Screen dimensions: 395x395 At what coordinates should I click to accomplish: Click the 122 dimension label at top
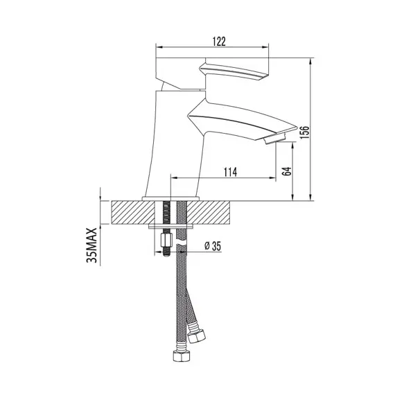pos(219,42)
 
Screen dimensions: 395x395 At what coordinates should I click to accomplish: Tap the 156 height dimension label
pos(304,132)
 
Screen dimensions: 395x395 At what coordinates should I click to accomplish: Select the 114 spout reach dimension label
pos(230,173)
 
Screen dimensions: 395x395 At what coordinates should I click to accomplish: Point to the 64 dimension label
pos(287,171)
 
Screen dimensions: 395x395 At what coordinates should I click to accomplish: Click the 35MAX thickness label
pos(91,245)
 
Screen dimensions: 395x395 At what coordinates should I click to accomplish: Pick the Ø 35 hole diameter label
pos(213,246)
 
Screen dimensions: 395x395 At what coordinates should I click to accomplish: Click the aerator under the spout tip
pos(274,139)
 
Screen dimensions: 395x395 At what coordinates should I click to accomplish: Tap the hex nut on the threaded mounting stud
pos(166,240)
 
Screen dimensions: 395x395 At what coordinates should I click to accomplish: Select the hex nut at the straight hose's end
pos(182,356)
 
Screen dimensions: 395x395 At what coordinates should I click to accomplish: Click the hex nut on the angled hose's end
pos(197,336)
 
